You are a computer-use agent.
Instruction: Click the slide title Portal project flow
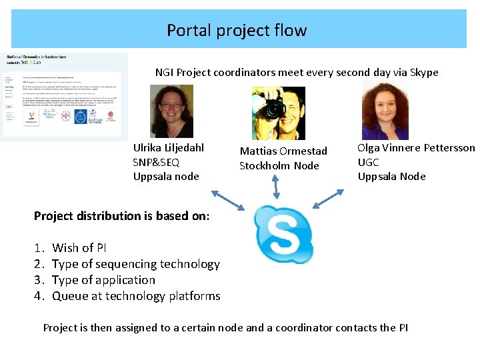pyautogui.click(x=237, y=30)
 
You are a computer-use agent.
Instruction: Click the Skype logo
pyautogui.click(x=284, y=234)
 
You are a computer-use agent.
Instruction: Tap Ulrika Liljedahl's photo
pyautogui.click(x=172, y=111)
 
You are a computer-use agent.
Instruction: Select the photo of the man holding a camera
pyautogui.click(x=278, y=113)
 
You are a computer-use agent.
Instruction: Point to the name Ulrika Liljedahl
pyautogui.click(x=169, y=147)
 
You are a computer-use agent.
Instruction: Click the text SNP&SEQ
pyautogui.click(x=156, y=162)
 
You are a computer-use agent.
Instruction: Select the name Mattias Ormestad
pyautogui.click(x=283, y=151)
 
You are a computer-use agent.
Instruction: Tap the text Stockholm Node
pyautogui.click(x=279, y=165)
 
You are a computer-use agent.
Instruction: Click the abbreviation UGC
pyautogui.click(x=369, y=162)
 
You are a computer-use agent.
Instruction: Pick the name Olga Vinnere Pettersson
pyautogui.click(x=416, y=147)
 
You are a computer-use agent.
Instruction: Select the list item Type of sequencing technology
pyautogui.click(x=135, y=264)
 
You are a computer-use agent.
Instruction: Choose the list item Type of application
pyautogui.click(x=103, y=280)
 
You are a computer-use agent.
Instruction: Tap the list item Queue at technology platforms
pyautogui.click(x=136, y=296)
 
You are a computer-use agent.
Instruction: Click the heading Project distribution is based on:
pyautogui.click(x=121, y=216)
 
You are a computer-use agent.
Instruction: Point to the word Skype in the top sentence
pyautogui.click(x=424, y=72)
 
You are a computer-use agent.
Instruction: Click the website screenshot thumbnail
pyautogui.click(x=65, y=97)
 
